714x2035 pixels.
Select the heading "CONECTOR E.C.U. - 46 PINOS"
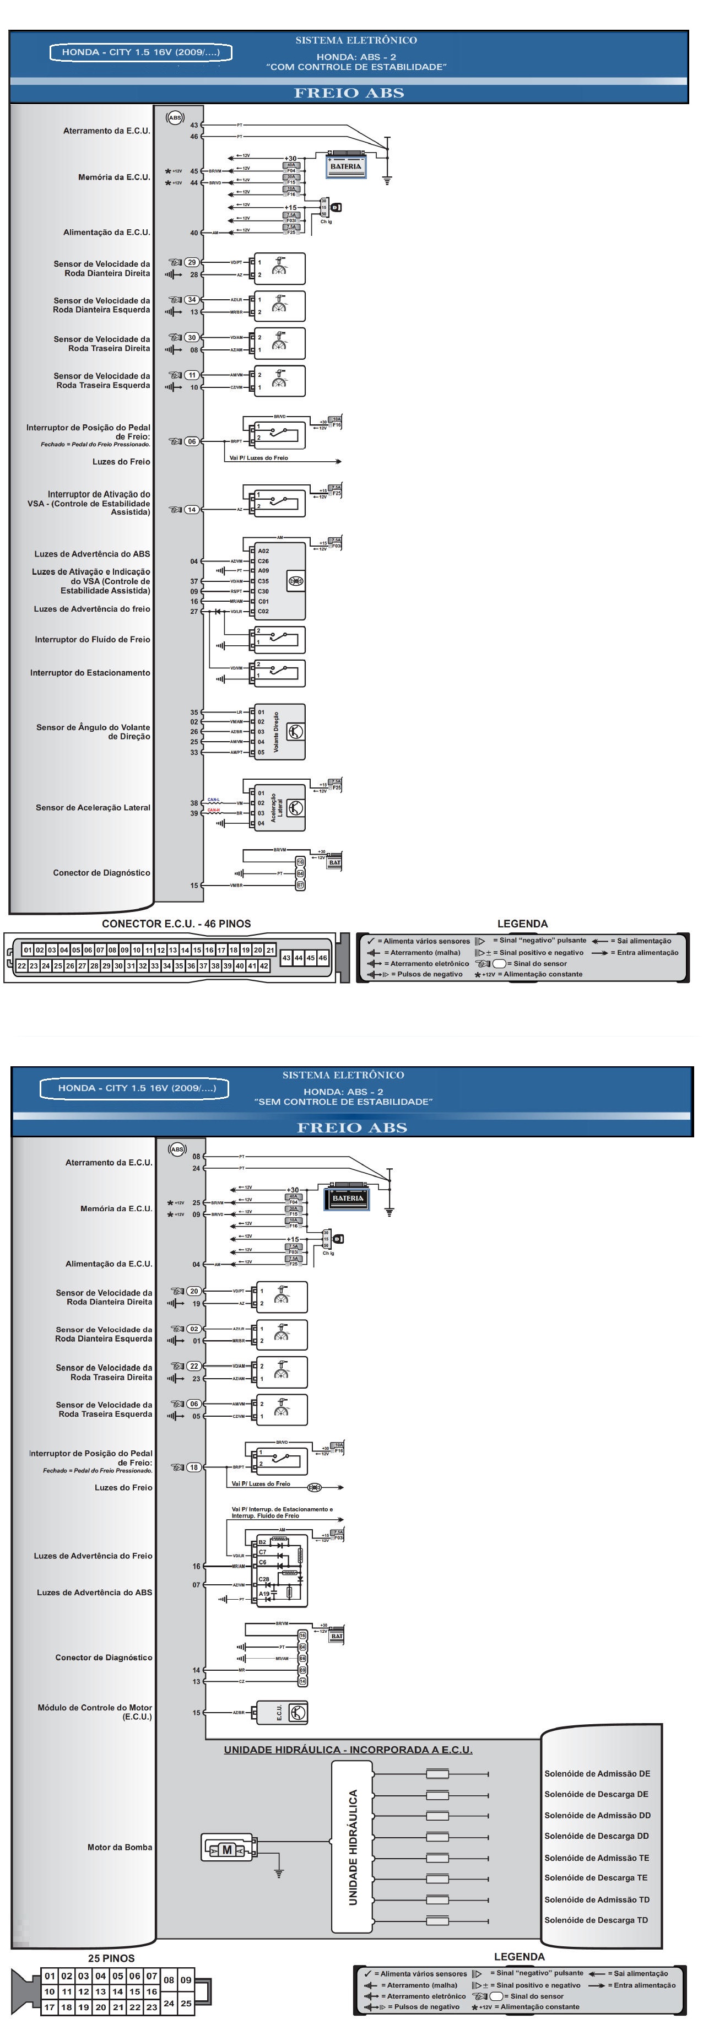click(176, 924)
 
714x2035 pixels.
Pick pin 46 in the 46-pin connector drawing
click(322, 958)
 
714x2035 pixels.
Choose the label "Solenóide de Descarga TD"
click(596, 1920)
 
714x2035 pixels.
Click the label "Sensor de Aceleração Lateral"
click(93, 807)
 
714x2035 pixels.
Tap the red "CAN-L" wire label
click(213, 800)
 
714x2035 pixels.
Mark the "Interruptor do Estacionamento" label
click(90, 673)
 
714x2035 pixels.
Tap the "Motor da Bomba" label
click(119, 1847)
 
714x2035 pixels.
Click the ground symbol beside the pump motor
click(278, 1873)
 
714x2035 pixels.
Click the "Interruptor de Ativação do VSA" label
click(89, 503)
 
